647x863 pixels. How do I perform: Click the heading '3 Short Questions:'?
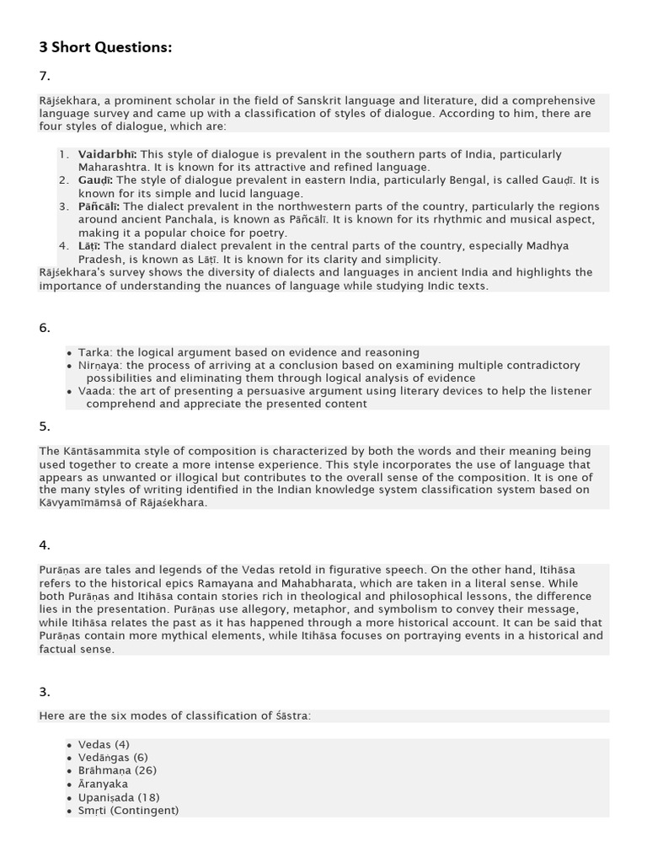click(x=105, y=47)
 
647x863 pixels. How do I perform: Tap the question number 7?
click(x=45, y=76)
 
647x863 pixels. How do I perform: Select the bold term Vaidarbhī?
click(x=108, y=154)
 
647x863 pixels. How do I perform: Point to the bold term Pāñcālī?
click(x=99, y=206)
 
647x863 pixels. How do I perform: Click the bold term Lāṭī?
click(x=88, y=246)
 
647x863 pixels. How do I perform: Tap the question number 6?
click(x=45, y=328)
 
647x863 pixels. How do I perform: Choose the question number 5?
click(x=45, y=426)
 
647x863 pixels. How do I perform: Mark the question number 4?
click(x=45, y=545)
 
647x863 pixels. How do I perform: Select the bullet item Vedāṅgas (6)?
click(x=113, y=757)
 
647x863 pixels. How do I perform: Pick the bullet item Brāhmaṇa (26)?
click(x=117, y=770)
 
